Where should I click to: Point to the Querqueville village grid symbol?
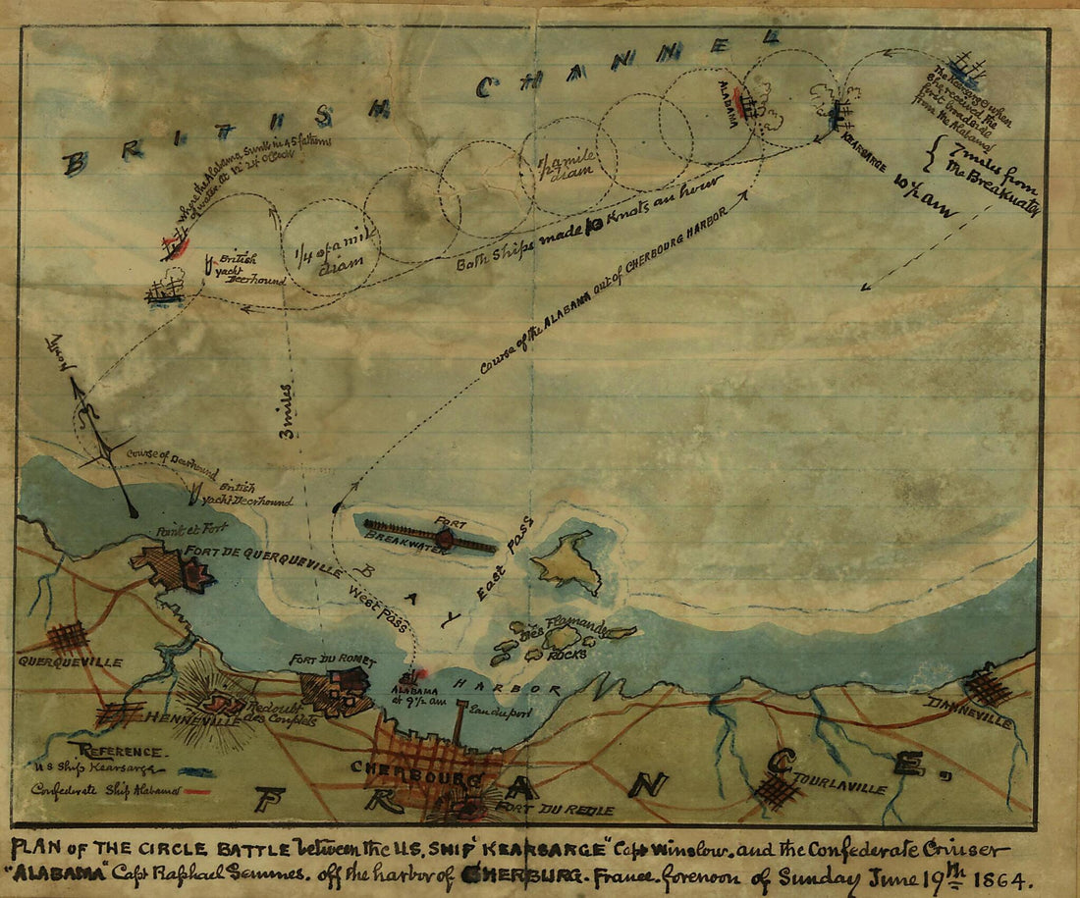[67, 638]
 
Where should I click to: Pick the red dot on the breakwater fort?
[445, 538]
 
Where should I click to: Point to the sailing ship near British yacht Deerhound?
[164, 290]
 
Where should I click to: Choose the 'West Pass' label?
[377, 606]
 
